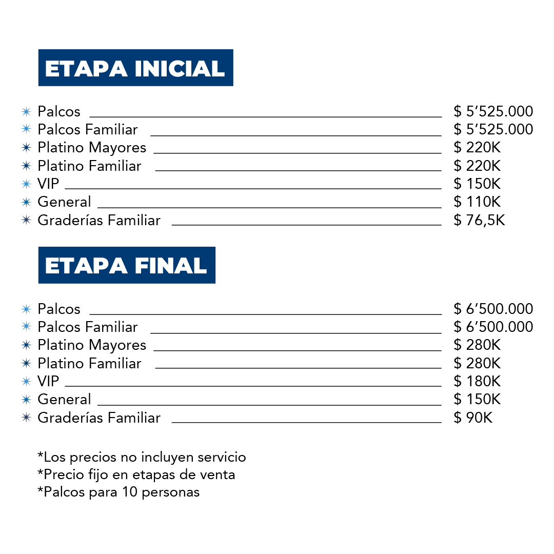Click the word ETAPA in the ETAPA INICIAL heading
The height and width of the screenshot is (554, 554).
click(x=86, y=69)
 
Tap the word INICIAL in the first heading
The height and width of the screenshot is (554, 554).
click(x=180, y=69)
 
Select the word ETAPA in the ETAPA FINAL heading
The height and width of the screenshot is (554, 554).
click(x=86, y=266)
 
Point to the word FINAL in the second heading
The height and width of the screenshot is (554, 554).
click(x=171, y=266)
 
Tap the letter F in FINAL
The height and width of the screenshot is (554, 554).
click(x=141, y=266)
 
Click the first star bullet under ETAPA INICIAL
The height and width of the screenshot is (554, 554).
click(x=26, y=111)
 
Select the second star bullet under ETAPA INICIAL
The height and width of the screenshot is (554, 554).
click(x=26, y=129)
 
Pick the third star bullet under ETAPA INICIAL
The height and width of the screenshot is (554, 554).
click(x=26, y=148)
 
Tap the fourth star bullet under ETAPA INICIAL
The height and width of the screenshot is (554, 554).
click(x=26, y=166)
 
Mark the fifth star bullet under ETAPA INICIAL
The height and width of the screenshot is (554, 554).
click(x=26, y=184)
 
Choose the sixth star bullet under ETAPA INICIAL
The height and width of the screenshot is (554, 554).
click(x=26, y=202)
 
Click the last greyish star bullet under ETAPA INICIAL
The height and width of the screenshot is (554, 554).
click(x=26, y=220)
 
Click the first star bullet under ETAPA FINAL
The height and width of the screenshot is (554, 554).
click(x=26, y=309)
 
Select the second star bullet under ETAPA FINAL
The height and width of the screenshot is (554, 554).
click(x=26, y=326)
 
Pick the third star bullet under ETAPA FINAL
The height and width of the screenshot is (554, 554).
click(x=26, y=345)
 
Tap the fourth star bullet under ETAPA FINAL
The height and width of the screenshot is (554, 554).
click(x=26, y=363)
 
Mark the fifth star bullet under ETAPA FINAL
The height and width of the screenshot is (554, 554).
click(x=26, y=381)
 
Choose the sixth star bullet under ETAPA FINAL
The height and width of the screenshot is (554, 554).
click(x=26, y=399)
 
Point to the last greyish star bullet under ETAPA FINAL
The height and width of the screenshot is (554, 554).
click(x=26, y=417)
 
